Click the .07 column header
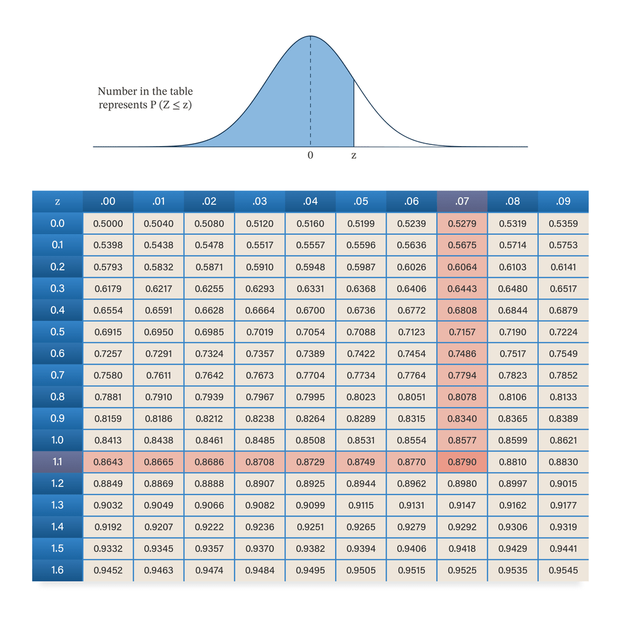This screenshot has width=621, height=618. pyautogui.click(x=462, y=201)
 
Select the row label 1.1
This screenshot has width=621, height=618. pyautogui.click(x=58, y=462)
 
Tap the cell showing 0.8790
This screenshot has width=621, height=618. pyautogui.click(x=462, y=462)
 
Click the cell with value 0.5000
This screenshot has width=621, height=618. pyautogui.click(x=108, y=224)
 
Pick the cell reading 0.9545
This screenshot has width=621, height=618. pyautogui.click(x=563, y=570)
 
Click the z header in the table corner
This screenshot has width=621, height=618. pyautogui.click(x=58, y=201)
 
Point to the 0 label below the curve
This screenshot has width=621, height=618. pyautogui.click(x=311, y=155)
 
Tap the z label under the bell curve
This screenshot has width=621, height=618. pyautogui.click(x=354, y=155)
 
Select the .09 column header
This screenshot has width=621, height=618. pyautogui.click(x=563, y=201)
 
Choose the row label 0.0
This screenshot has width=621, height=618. pyautogui.click(x=58, y=224)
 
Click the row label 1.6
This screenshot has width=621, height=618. pyautogui.click(x=58, y=570)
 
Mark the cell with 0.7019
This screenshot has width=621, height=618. pyautogui.click(x=260, y=332)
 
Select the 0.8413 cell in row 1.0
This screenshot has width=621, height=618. pyautogui.click(x=108, y=440)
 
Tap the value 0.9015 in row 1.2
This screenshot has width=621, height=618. pyautogui.click(x=563, y=483)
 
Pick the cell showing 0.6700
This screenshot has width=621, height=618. pyautogui.click(x=311, y=310)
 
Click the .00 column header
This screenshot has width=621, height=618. pyautogui.click(x=108, y=201)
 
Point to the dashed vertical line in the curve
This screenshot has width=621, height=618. pyautogui.click(x=311, y=91)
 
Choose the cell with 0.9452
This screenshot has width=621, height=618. pyautogui.click(x=108, y=570)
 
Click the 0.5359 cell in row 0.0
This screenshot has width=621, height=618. pyautogui.click(x=563, y=224)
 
